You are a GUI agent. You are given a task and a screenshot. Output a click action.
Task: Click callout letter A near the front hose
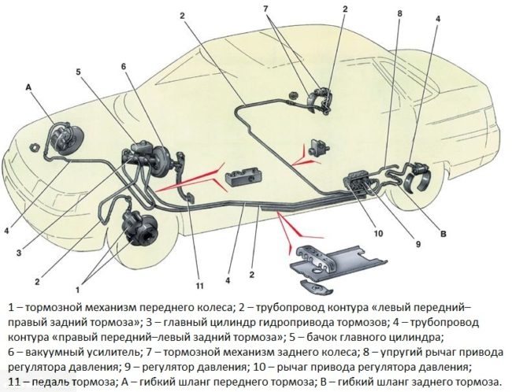[28, 87]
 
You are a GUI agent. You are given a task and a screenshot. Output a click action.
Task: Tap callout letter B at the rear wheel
[443, 234]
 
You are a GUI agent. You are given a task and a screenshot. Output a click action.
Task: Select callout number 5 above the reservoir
[78, 72]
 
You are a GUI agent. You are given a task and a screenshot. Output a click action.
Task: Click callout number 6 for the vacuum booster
[124, 67]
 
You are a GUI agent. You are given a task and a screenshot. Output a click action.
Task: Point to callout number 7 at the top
[265, 9]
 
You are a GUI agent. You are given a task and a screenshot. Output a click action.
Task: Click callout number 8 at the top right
[399, 13]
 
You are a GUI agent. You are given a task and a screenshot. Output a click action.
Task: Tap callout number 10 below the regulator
[378, 233]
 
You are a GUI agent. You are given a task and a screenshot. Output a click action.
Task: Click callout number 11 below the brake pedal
[199, 286]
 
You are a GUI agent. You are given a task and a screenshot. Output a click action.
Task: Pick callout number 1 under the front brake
[78, 289]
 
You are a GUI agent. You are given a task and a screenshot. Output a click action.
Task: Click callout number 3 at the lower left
[19, 253]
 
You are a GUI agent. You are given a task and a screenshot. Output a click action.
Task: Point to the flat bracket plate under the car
[339, 261]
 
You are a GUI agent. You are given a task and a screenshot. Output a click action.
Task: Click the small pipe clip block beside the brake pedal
[244, 176]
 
